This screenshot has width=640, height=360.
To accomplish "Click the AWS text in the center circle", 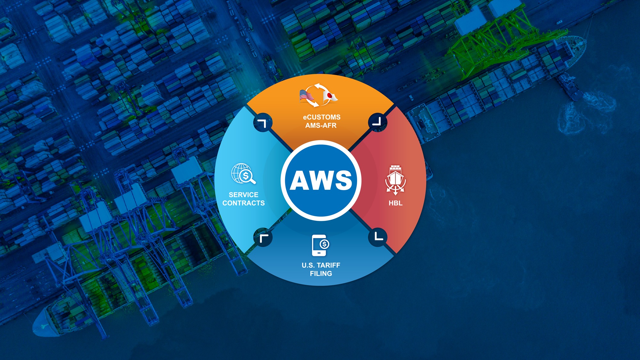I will [x=321, y=180].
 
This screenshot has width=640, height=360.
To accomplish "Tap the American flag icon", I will [x=306, y=95].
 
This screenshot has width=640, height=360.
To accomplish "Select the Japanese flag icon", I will [x=330, y=96].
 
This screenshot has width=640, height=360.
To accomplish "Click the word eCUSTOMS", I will [x=322, y=117].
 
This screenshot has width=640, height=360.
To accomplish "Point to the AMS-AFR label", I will [x=321, y=125].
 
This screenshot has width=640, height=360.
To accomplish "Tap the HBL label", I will [x=396, y=203].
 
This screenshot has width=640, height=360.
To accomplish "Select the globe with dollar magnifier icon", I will [x=243, y=174].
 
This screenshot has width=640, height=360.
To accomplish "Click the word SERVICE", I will [x=244, y=195].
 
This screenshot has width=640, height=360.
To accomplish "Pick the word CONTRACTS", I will [x=244, y=203].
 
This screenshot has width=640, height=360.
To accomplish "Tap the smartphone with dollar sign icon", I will [x=320, y=245].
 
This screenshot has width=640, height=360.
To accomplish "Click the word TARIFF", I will [x=329, y=265].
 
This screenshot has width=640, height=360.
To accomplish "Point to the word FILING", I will [x=321, y=274].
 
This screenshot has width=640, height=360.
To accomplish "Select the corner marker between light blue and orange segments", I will [x=263, y=122].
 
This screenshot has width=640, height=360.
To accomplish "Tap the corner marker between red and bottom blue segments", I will [x=378, y=237].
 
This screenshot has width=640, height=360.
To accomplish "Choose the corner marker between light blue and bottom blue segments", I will [x=263, y=237].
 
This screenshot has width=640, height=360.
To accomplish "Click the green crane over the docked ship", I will [x=499, y=42].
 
